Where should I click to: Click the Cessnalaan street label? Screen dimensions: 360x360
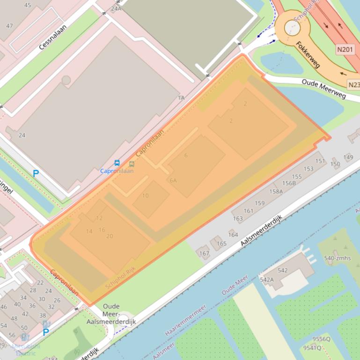tap(52, 37)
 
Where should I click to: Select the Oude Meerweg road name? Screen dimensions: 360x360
tap(323, 88)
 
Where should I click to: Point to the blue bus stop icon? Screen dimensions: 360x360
tap(117, 163)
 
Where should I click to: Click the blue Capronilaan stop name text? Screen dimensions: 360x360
tap(117, 171)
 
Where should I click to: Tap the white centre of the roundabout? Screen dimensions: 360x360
tap(292, 28)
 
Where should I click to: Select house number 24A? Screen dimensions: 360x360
tap(116, 8)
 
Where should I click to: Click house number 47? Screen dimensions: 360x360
tap(9, 26)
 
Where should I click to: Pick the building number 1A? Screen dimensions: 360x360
tap(181, 98)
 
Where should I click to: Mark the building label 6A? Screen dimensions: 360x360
tap(173, 180)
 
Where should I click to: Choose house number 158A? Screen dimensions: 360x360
tap(276, 191)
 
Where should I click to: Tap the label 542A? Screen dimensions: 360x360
tap(266, 280)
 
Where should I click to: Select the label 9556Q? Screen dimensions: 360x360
tap(321, 339)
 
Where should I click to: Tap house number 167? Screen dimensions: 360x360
tap(204, 253)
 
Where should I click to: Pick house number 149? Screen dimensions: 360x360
tap(348, 157)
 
